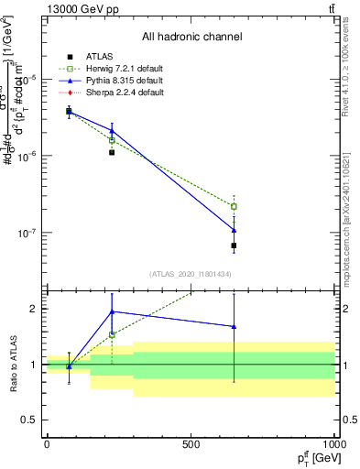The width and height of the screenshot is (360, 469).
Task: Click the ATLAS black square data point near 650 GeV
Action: (x=234, y=245)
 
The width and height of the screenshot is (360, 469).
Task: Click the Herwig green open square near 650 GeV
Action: (x=234, y=206)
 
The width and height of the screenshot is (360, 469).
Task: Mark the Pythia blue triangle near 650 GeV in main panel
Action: (x=234, y=230)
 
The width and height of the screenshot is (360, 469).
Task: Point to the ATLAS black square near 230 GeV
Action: (x=112, y=152)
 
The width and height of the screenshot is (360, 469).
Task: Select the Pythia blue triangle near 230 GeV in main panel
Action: (x=112, y=131)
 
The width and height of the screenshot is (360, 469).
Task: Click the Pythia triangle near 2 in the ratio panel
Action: (x=112, y=311)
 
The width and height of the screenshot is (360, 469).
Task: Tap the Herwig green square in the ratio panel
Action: (x=112, y=334)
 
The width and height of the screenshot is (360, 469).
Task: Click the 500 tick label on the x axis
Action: (x=191, y=444)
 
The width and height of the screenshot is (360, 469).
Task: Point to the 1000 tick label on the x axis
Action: (x=333, y=444)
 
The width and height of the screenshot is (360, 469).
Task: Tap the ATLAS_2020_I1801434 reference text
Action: (x=191, y=274)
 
